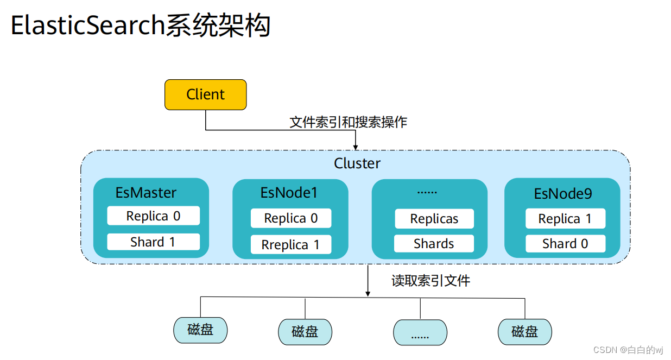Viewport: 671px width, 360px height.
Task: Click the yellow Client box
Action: coord(205,94)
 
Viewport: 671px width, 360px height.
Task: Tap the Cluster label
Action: coord(357,163)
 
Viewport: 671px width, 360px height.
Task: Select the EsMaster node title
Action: coord(146,192)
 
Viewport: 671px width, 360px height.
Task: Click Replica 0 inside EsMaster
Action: coord(153,216)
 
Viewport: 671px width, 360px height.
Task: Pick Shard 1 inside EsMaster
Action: coord(153,242)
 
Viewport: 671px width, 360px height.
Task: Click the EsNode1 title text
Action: coord(289,192)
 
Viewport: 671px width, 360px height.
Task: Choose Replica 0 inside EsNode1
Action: coord(290,218)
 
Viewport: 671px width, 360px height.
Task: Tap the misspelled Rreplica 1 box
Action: coord(290,245)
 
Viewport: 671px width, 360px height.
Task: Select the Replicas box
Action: coord(434,219)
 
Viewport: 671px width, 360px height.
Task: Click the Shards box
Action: coord(434,244)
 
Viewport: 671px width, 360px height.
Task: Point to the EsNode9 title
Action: coord(562,193)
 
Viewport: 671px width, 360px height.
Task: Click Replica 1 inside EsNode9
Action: coord(565,219)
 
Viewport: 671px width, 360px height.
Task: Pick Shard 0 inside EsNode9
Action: coord(565,244)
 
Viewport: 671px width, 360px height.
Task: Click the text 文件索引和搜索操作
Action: coord(348,122)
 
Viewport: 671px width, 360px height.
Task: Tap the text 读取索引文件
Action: coord(431,281)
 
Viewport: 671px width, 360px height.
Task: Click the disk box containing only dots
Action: coord(420,332)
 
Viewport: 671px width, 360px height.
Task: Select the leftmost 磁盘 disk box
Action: coord(200,330)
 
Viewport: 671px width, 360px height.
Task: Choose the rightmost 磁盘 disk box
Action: coord(524,332)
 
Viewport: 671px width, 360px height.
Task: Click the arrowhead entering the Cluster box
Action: coord(356,147)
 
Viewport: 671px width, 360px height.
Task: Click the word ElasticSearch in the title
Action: coord(87,26)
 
